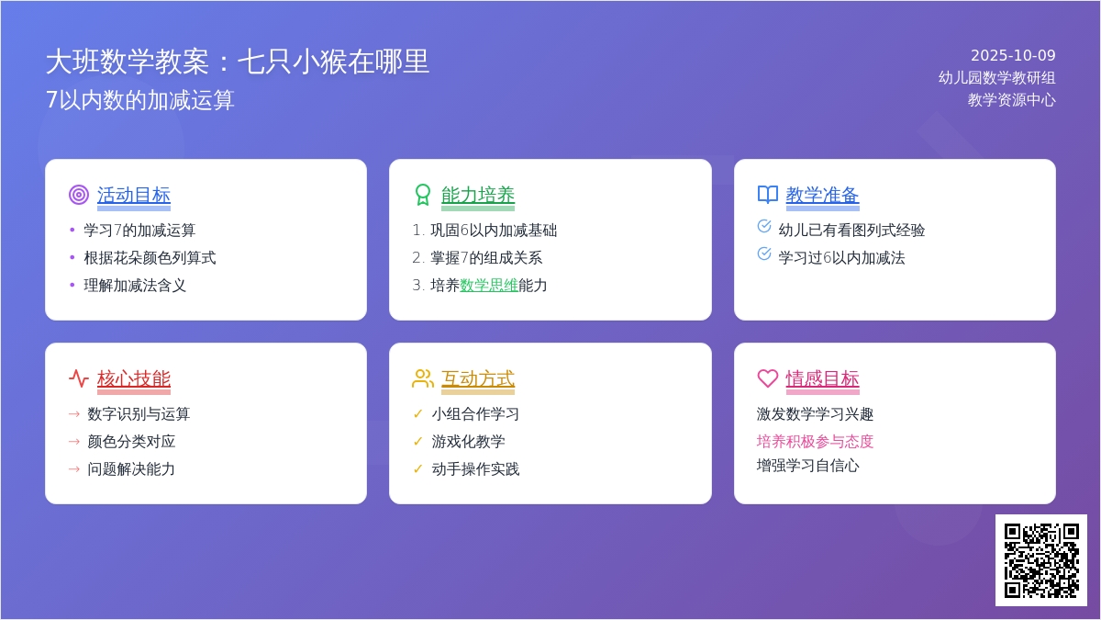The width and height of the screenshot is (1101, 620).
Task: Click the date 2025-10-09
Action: (x=1013, y=55)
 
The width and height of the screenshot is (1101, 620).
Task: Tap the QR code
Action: (x=1041, y=560)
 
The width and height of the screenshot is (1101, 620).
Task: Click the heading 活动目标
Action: (x=134, y=195)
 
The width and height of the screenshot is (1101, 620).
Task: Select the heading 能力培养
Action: (x=478, y=195)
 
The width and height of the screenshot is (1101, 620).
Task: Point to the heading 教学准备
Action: (x=822, y=195)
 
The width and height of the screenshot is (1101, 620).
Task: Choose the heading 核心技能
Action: (x=134, y=378)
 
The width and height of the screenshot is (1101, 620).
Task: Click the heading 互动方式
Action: (x=478, y=378)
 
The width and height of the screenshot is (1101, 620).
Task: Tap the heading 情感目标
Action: (x=822, y=378)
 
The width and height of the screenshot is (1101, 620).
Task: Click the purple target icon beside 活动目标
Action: (x=79, y=195)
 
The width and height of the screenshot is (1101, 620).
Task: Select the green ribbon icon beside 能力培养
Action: (x=423, y=195)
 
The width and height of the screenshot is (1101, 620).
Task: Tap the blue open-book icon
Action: (x=768, y=195)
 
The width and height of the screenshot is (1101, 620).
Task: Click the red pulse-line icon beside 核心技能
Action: (x=79, y=378)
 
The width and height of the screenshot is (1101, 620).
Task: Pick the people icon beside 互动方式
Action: (x=423, y=378)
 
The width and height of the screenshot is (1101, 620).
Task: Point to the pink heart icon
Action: (x=768, y=378)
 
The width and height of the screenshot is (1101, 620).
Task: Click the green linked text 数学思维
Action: (x=488, y=286)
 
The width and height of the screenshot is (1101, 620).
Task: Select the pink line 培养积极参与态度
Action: (x=815, y=442)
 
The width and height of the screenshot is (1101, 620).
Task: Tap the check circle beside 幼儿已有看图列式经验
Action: (x=764, y=226)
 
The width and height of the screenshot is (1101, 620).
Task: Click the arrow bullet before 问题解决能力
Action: (x=74, y=469)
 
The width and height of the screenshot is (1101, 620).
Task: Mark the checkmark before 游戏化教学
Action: (x=418, y=442)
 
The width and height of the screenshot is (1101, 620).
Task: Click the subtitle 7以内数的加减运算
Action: (x=140, y=99)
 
